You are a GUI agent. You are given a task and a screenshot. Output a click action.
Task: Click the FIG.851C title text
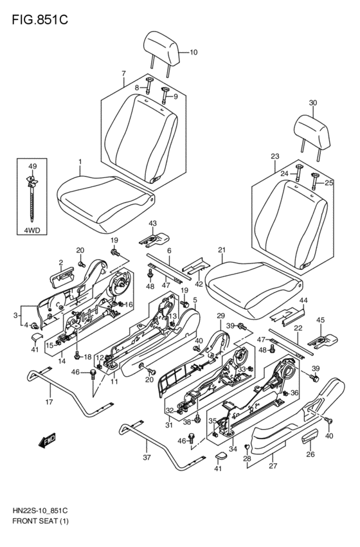click(x=40, y=19)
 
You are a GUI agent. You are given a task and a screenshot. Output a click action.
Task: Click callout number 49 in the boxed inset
click(x=32, y=166)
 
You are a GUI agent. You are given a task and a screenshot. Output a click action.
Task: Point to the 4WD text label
click(x=32, y=230)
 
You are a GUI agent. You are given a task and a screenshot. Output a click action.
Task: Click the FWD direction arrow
click(x=48, y=440)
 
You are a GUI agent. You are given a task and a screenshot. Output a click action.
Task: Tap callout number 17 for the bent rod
click(x=50, y=402)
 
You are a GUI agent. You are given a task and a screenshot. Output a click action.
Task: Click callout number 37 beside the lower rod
click(x=147, y=457)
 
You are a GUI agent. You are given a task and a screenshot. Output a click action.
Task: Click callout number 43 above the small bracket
click(x=152, y=223)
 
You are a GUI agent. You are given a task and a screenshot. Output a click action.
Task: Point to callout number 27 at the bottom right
click(x=273, y=465)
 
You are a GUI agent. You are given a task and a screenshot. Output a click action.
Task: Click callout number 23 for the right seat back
click(x=275, y=156)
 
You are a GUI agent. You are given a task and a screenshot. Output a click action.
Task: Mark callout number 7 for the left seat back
click(x=123, y=73)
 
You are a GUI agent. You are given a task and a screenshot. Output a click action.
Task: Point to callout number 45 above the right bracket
click(x=320, y=319)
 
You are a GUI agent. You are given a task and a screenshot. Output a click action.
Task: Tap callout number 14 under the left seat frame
click(x=62, y=361)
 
